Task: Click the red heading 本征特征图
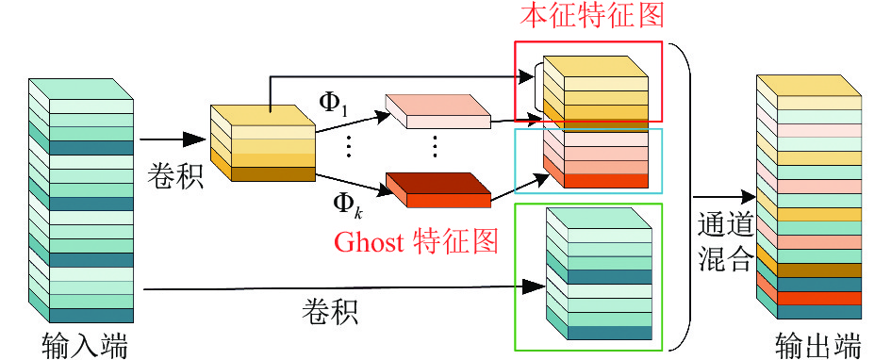click(x=591, y=15)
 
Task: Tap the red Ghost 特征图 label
click(x=417, y=242)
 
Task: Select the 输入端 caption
click(x=85, y=345)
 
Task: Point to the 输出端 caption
click(x=818, y=345)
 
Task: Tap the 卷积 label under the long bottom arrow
click(x=329, y=311)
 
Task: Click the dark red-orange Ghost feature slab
click(x=438, y=189)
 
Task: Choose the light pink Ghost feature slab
click(x=437, y=111)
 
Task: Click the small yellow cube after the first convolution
click(x=262, y=143)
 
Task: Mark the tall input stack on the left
click(x=81, y=201)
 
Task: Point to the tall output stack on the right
click(x=809, y=196)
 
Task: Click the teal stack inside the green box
click(x=598, y=273)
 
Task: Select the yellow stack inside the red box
click(x=595, y=88)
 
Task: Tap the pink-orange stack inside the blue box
click(x=595, y=155)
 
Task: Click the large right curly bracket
click(x=685, y=196)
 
